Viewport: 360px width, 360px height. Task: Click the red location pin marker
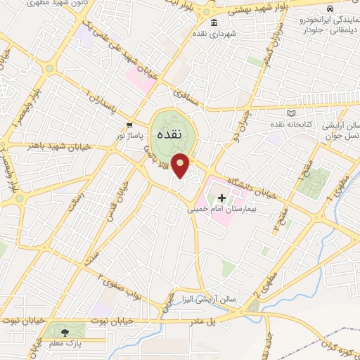[x=181, y=165]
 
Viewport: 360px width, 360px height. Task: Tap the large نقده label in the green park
[x=171, y=133]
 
